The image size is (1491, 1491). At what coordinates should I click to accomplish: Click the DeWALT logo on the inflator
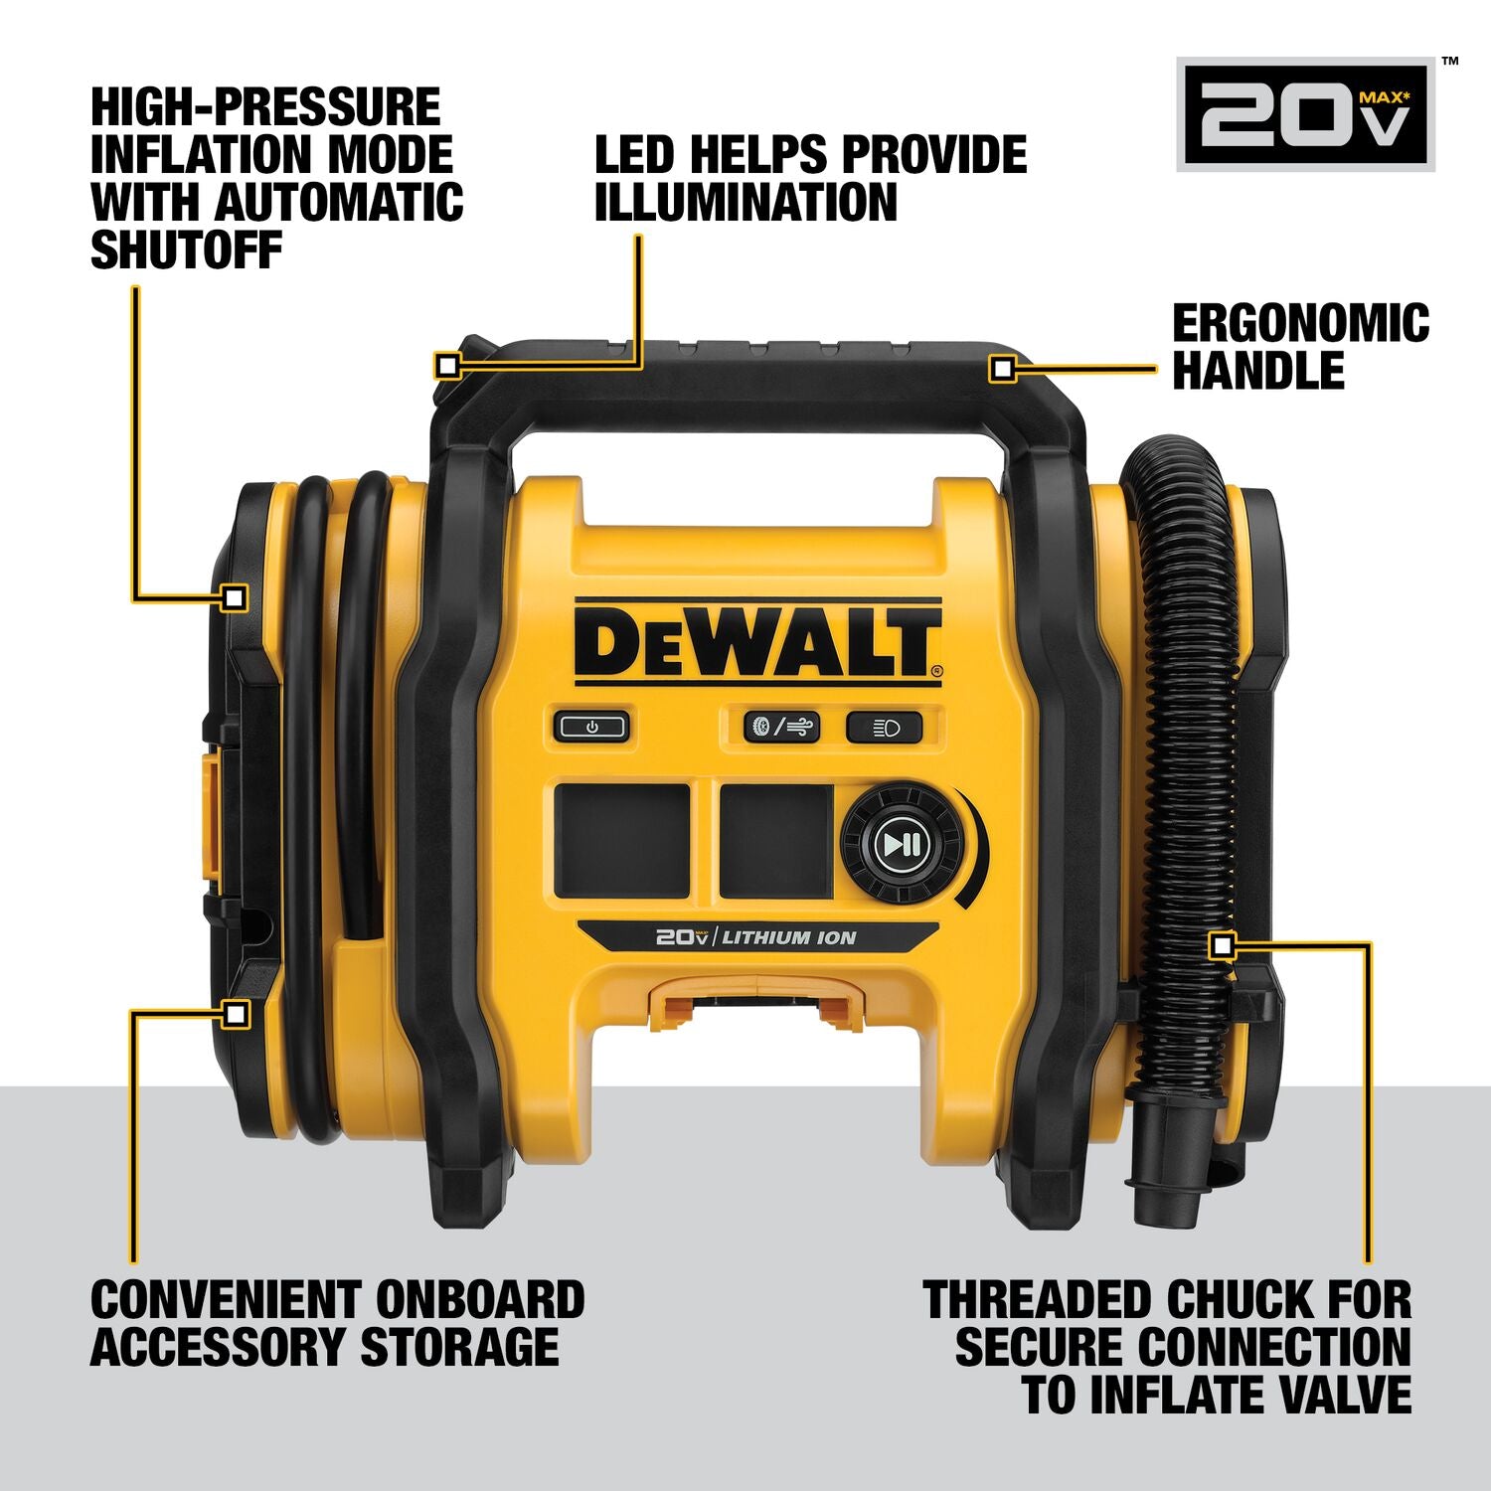757,642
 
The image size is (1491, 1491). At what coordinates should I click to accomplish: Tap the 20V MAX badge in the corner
1305,114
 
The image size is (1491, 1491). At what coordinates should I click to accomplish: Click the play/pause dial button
903,845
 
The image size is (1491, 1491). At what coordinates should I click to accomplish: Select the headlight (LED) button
884,728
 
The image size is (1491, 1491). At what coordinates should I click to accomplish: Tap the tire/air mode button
782,727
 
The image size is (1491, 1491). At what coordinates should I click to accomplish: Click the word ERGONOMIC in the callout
1300,324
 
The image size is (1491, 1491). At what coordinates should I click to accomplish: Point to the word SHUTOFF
187,249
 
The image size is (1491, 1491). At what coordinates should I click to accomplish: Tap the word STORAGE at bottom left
458,1347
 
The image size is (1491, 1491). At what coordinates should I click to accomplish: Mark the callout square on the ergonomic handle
1003,370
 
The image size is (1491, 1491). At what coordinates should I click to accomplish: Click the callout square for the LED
447,366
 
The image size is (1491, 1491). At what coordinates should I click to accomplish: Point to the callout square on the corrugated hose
1222,946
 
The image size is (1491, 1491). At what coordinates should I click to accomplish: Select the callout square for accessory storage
236,1014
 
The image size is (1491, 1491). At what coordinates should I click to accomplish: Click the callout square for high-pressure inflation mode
235,597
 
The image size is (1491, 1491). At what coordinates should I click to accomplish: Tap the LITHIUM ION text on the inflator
788,937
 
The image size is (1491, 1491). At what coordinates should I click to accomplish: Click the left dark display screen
622,841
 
